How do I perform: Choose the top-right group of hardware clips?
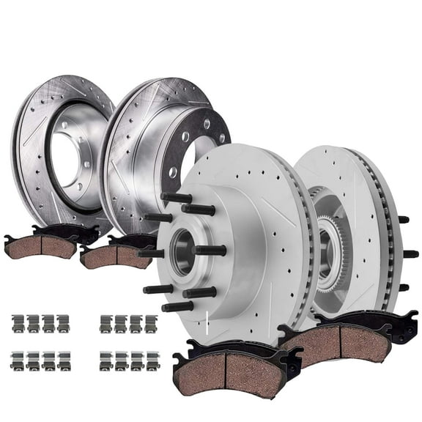[128, 323]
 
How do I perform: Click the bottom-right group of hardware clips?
[128, 360]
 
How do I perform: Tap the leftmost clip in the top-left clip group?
[17, 323]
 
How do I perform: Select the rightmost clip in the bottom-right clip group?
[152, 360]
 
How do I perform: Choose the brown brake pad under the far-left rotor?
[40, 248]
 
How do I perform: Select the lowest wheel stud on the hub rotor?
[178, 306]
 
